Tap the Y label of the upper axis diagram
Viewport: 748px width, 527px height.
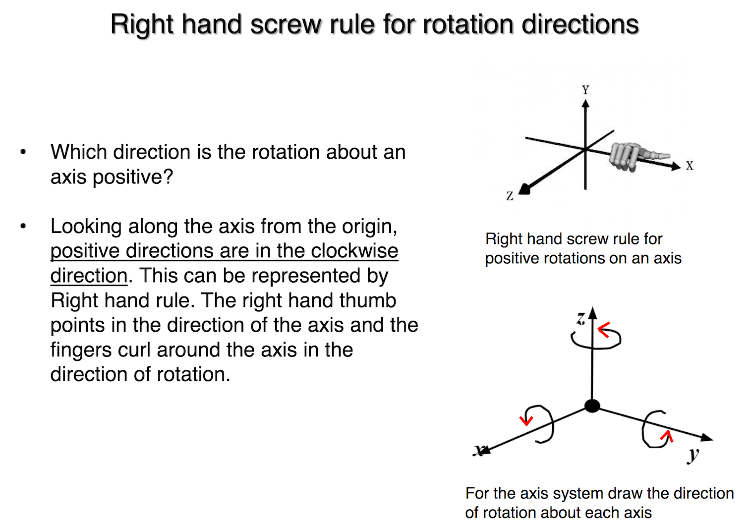tap(585, 90)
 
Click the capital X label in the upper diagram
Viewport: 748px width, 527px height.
tap(690, 166)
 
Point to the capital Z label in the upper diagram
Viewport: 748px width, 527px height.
tap(510, 196)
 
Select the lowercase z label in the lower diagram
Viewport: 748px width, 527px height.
tap(580, 318)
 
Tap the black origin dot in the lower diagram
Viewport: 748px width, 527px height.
tap(592, 406)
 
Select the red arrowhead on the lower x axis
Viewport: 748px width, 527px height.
tap(526, 420)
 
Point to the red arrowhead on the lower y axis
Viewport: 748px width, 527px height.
tap(667, 436)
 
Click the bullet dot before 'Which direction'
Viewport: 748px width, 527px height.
tap(23, 152)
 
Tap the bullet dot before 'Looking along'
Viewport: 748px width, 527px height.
tap(23, 227)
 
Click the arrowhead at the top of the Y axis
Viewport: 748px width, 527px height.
tap(585, 103)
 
